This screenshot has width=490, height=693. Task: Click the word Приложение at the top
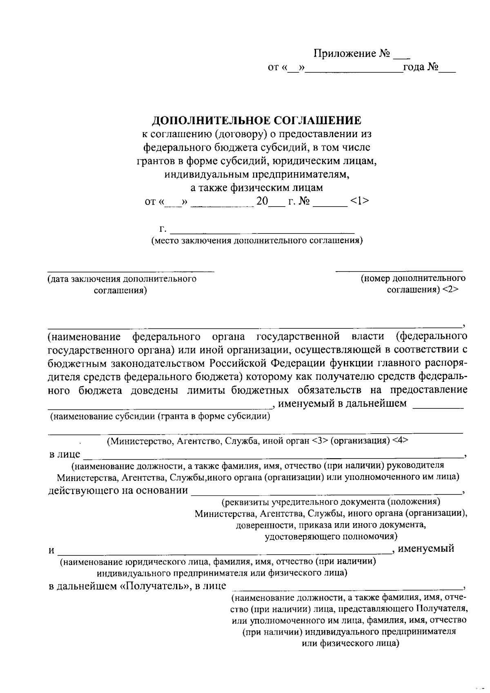coord(344,53)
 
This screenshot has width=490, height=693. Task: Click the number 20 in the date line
coord(262,201)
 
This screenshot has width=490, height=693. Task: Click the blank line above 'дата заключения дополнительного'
coord(131,270)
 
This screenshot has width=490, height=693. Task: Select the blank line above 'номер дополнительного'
coord(399,270)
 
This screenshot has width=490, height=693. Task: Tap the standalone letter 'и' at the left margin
coord(51,550)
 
